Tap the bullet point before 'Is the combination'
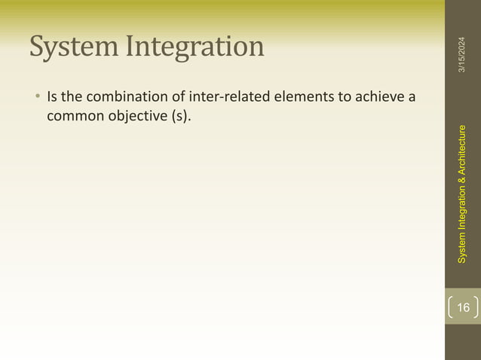[x=35, y=98]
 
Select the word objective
[x=134, y=117]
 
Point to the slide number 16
[x=463, y=307]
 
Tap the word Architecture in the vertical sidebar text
[x=462, y=154]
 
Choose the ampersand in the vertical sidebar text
[x=462, y=190]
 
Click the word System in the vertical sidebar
[x=462, y=253]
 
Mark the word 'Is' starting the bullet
[x=53, y=98]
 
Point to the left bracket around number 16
[x=450, y=307]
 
